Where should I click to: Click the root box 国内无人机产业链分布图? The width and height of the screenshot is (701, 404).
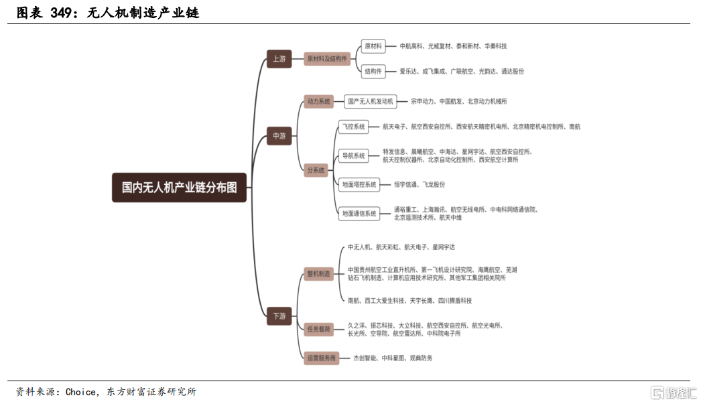[179, 187]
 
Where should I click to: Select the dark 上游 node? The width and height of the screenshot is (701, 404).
[279, 58]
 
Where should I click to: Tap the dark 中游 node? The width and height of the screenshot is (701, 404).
[279, 136]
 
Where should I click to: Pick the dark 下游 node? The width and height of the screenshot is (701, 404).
[279, 316]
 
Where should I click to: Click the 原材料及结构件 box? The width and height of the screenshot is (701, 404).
[327, 58]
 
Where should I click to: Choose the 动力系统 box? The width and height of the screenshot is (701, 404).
[318, 101]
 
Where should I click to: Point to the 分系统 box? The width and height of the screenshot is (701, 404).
[316, 170]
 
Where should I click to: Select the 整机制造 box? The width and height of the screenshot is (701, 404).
[318, 273]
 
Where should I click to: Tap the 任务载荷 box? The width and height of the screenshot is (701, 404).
[318, 329]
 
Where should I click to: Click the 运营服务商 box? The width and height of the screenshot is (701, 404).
[321, 358]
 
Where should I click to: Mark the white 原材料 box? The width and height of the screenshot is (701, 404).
[373, 46]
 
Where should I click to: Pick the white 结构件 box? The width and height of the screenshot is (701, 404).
[373, 71]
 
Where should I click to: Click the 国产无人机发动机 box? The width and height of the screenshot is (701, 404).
[370, 101]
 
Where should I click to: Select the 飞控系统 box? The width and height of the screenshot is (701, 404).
[354, 127]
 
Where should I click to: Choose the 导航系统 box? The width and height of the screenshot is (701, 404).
[354, 155]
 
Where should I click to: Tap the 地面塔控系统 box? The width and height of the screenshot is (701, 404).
[359, 184]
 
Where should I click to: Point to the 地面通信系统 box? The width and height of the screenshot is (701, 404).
[359, 214]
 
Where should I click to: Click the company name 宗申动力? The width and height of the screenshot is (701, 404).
[422, 101]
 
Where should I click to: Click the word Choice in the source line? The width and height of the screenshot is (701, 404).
[80, 392]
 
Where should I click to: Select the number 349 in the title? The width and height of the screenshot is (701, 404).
[61, 13]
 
